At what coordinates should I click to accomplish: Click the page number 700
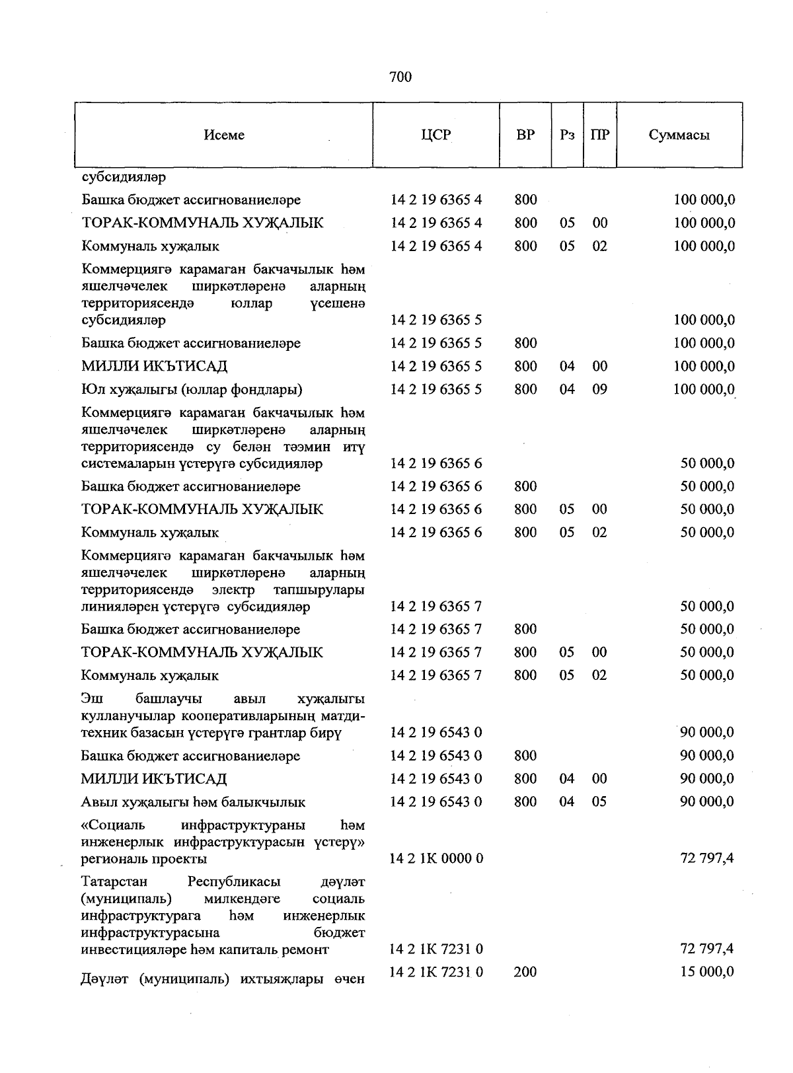[400, 77]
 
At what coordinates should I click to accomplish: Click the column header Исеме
[224, 135]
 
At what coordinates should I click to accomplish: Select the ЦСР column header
[435, 135]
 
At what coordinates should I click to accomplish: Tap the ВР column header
[525, 135]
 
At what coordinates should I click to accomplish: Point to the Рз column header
[567, 135]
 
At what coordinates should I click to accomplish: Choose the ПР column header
[599, 135]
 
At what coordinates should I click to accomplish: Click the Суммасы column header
[679, 135]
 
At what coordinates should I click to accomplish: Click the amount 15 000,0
[707, 972]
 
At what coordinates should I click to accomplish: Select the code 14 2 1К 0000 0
[436, 858]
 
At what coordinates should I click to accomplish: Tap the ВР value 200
[525, 972]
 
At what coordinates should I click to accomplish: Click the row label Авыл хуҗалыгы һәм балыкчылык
[193, 802]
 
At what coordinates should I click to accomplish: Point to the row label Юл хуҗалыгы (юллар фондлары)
[192, 389]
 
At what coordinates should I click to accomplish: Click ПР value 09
[599, 389]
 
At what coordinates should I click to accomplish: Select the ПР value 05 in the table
[599, 802]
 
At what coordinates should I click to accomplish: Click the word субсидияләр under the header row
[124, 177]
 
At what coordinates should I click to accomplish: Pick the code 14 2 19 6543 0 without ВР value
[436, 732]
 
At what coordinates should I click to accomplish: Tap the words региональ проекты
[143, 859]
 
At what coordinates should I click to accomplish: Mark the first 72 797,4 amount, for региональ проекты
[707, 858]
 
